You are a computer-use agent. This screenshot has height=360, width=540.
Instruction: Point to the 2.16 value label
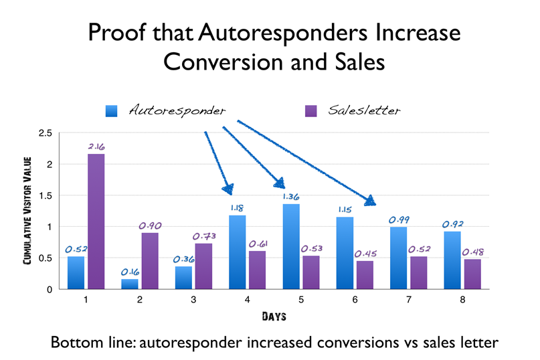pos(96,146)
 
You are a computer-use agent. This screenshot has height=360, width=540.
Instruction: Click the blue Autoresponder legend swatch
pos(112,110)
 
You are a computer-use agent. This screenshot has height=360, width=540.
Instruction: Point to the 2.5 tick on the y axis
pos(46,133)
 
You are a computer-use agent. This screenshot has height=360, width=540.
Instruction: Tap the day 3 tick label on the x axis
pos(193,300)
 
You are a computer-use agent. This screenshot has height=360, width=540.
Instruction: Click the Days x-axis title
pos(274,314)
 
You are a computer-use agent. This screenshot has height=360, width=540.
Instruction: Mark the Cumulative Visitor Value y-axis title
pos(27,211)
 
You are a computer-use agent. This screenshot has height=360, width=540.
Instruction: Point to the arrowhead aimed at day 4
pos(229,189)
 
